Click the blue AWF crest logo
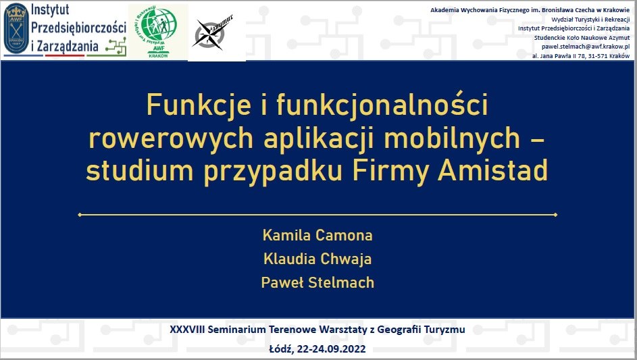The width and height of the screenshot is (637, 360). point(16,28)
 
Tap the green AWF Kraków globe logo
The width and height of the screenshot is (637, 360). point(157,31)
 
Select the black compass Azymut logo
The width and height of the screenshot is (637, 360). point(212,33)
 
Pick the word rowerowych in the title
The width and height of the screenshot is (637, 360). point(171,138)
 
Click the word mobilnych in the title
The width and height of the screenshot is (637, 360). point(452,138)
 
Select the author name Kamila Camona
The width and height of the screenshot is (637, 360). point(317,235)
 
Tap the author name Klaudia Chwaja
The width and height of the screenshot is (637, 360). point(317,259)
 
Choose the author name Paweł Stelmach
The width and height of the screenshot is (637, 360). point(317,282)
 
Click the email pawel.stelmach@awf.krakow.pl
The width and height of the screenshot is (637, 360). point(586,47)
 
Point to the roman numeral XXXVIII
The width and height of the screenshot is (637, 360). point(187,329)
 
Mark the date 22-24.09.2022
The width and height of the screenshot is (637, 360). point(331,349)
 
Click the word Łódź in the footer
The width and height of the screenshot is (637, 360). point(281,349)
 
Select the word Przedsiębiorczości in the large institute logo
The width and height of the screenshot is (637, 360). point(78,28)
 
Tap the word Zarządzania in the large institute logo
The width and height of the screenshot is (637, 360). point(68,47)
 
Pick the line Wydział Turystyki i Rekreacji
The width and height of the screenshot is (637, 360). point(590,20)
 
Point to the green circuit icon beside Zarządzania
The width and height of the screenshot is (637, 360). point(116,47)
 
